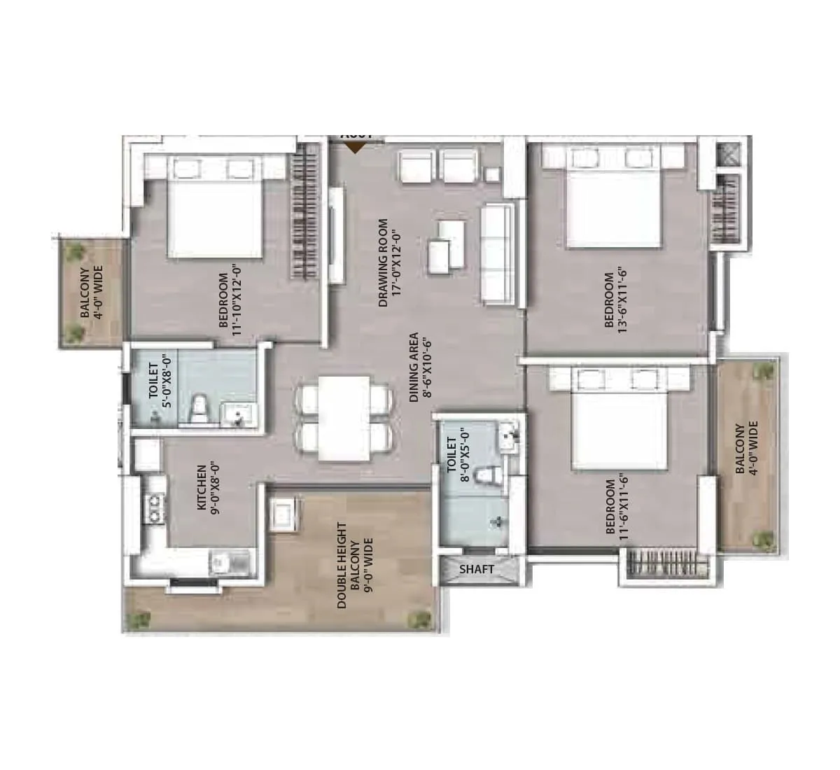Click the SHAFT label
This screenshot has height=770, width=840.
pyautogui.click(x=476, y=570)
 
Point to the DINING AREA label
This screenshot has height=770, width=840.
pyautogui.click(x=419, y=367)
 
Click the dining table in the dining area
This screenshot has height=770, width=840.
pyautogui.click(x=344, y=419)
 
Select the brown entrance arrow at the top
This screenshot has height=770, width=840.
pyautogui.click(x=356, y=147)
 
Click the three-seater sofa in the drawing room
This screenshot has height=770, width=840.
pyautogui.click(x=499, y=255)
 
